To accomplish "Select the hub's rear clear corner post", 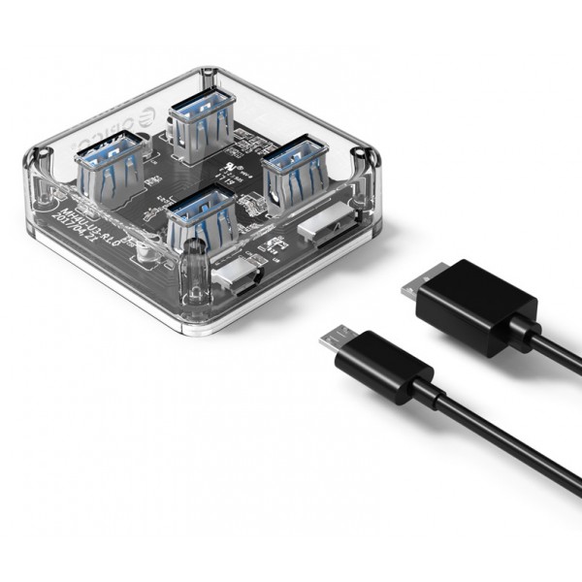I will coord(207,82).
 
